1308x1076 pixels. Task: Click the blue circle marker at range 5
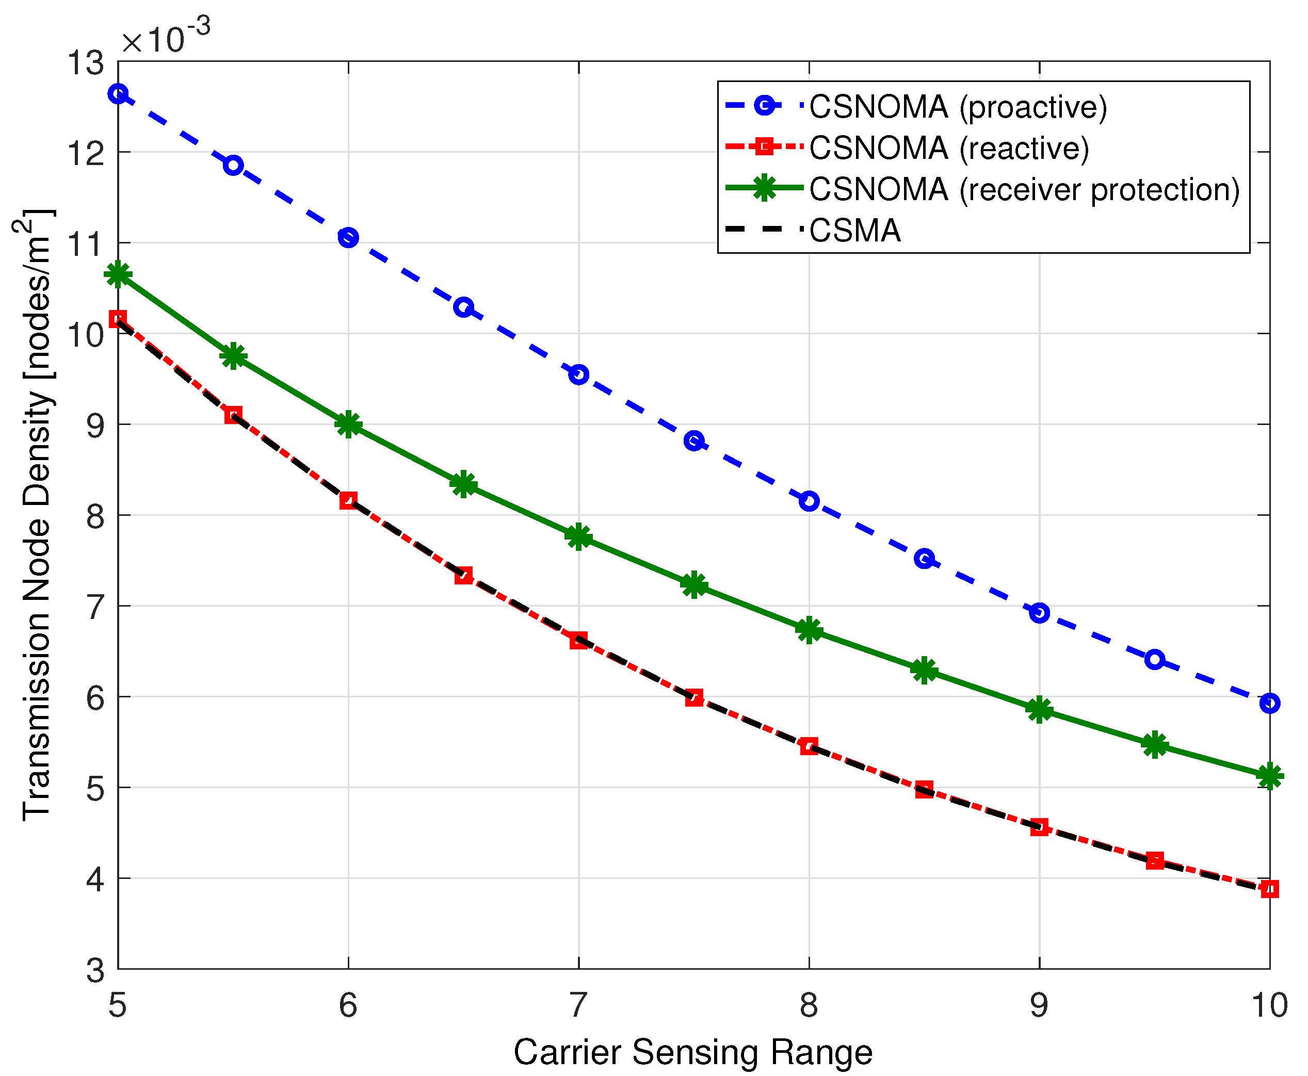click(118, 93)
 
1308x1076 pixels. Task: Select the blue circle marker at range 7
click(578, 374)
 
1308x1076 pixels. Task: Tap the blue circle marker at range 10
click(1270, 703)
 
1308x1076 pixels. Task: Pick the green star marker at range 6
click(348, 424)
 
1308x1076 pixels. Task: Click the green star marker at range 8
click(809, 631)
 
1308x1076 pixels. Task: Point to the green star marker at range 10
click(1270, 776)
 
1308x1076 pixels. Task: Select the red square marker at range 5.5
click(233, 415)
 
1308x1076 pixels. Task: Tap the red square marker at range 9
click(1039, 827)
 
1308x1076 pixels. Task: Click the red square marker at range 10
click(1270, 889)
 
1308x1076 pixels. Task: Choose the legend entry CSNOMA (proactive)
click(958, 107)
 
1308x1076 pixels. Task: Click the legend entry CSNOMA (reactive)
click(948, 148)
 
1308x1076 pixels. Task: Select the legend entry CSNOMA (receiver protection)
click(1024, 189)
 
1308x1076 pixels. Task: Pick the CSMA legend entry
click(854, 231)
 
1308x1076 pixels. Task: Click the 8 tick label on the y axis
click(95, 516)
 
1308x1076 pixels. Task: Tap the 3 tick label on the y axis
click(95, 970)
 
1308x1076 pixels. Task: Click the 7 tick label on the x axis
click(578, 1005)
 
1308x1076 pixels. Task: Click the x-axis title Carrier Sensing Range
click(693, 1052)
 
